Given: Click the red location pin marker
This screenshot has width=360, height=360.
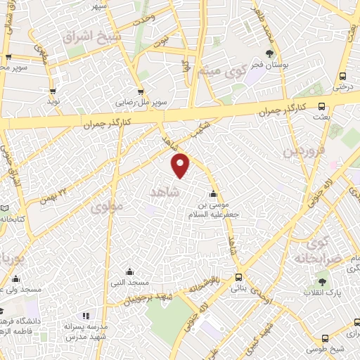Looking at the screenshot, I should [181, 165].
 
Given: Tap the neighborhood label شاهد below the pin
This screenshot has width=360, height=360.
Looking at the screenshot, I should [166, 191].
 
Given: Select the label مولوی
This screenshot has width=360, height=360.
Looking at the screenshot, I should [107, 205].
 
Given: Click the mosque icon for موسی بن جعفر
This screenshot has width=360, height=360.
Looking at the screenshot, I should [213, 195].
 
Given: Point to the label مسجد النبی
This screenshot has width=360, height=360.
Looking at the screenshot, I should [129, 283].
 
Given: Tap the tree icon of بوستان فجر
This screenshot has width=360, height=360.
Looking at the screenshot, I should [270, 53].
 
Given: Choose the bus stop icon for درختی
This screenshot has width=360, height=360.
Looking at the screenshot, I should [342, 76].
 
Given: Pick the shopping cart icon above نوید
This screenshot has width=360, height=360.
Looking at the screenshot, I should [53, 91].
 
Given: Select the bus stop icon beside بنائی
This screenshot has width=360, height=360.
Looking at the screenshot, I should [239, 277].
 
